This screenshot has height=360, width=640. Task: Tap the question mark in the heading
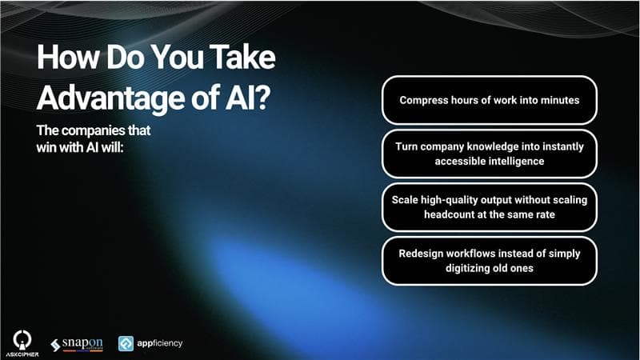pyautogui.click(x=263, y=97)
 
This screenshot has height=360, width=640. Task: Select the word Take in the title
pyautogui.click(x=242, y=56)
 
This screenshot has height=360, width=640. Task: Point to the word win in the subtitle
pyautogui.click(x=45, y=147)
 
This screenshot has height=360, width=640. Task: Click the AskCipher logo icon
pyautogui.click(x=22, y=339)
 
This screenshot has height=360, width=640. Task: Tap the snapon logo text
pyautogui.click(x=82, y=343)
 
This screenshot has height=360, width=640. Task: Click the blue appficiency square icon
pyautogui.click(x=126, y=344)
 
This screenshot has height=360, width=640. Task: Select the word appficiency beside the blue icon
pyautogui.click(x=159, y=344)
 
